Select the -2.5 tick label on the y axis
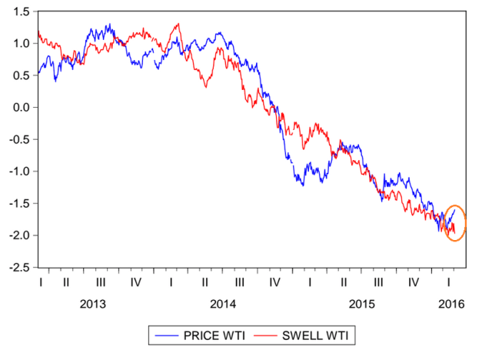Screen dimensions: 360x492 [x=18, y=267]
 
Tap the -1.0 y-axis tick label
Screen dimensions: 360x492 [x=18, y=171]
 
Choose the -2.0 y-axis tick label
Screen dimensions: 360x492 [x=18, y=235]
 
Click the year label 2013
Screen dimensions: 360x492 [x=93, y=304]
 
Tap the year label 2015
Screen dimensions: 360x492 [x=361, y=304]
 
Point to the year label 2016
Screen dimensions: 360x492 [x=450, y=304]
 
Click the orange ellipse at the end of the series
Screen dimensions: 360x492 [x=455, y=223]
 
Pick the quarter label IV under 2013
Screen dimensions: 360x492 [x=135, y=283]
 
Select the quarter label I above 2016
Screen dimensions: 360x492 [x=450, y=283]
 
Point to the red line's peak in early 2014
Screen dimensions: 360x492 [x=178, y=24]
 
